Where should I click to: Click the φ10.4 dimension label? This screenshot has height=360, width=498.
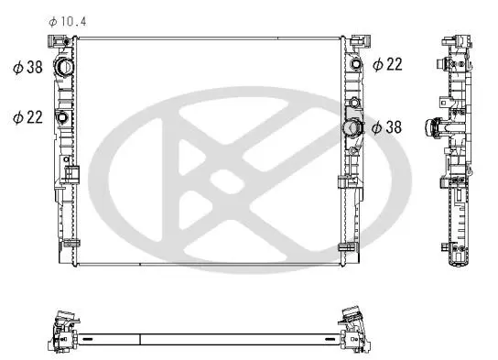point(68,22)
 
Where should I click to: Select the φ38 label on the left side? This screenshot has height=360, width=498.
point(27,68)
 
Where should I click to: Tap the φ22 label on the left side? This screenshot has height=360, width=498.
point(27,117)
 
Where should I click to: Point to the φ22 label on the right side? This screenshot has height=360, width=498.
point(387,64)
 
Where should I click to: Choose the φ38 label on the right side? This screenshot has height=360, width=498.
point(386,127)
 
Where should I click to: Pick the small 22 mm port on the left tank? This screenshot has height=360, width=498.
point(62,117)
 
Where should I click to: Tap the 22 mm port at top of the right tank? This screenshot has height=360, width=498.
point(356,63)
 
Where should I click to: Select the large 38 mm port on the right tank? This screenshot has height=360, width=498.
point(352,127)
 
